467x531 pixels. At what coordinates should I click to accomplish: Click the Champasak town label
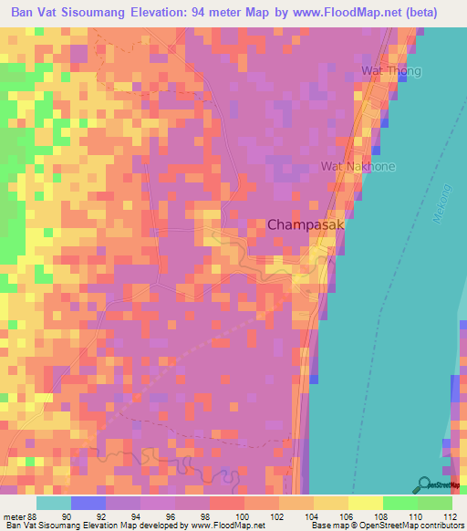coord(306,223)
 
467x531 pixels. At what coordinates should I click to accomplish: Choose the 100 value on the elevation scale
coord(242,515)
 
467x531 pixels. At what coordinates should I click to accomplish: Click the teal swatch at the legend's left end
coord(53,503)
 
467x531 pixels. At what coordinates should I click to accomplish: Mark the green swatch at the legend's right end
coord(435,503)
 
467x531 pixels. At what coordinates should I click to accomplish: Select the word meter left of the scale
coord(14,515)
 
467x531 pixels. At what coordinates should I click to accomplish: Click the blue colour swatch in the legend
coord(88,503)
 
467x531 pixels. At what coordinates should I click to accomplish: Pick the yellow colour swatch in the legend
coord(366,503)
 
